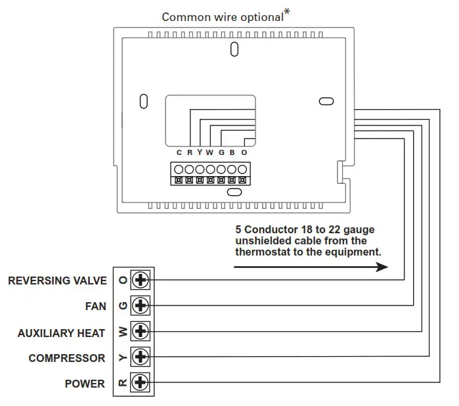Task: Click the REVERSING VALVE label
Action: coord(57,281)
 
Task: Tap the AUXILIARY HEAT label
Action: coord(61,333)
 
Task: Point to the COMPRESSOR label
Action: coord(66,359)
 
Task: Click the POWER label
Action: coord(84,384)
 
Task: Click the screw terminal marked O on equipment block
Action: coord(141,280)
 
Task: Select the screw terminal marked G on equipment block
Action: coord(141,305)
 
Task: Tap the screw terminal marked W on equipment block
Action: coord(141,331)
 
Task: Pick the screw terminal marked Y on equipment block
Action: coord(141,357)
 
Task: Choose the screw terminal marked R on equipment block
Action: coord(141,382)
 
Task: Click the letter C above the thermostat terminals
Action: coord(179,152)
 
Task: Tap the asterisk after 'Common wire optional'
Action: coord(287,11)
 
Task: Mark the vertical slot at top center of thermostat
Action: coord(234,49)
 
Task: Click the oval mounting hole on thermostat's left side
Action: coord(144,102)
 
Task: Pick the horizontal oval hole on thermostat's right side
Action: coord(326,101)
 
